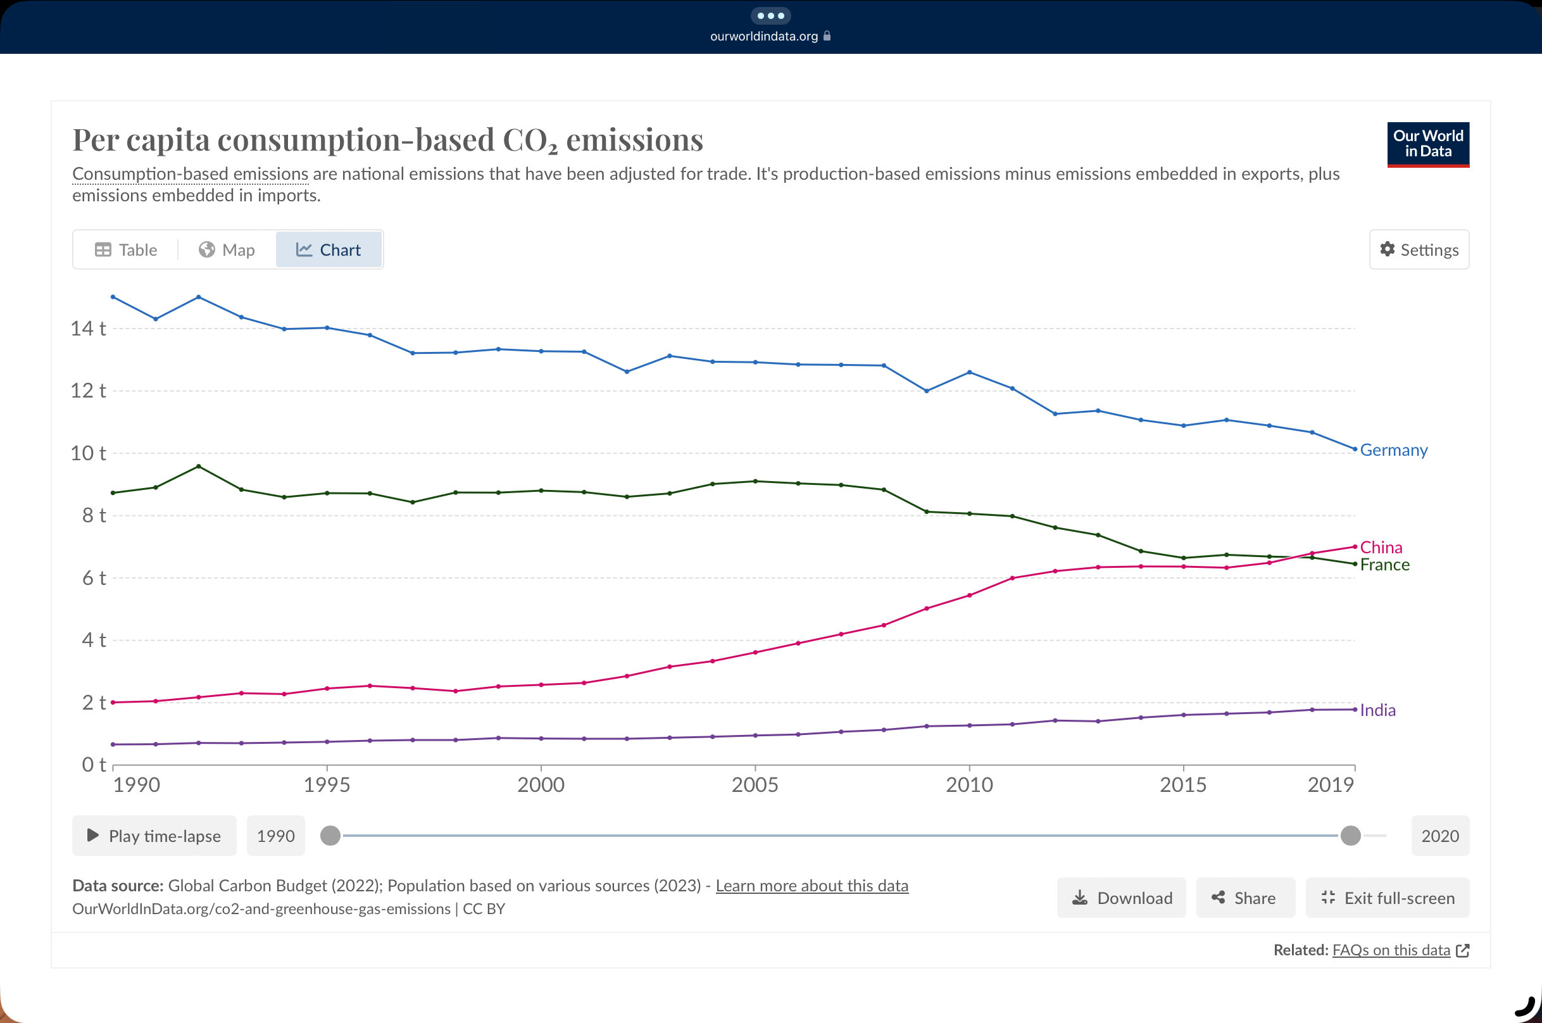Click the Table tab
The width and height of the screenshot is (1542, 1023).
pos(126,250)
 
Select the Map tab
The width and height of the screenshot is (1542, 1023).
pos(227,250)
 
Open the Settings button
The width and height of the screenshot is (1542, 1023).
pos(1419,250)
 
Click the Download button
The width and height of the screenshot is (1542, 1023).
pos(1121,898)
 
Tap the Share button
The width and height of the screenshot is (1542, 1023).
pos(1244,898)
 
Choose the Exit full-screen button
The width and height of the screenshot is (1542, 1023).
pos(1388,898)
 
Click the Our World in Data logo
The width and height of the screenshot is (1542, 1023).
pos(1428,144)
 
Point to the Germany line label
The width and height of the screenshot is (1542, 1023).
pos(1393,450)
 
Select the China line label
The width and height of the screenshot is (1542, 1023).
pos(1381,547)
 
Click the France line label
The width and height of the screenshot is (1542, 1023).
pos(1384,565)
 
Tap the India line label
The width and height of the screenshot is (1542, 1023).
pos(1377,710)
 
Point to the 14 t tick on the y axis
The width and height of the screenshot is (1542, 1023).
pos(88,328)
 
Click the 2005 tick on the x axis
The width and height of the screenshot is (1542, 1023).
pos(755,784)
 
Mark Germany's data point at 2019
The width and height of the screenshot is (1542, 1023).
pos(1355,449)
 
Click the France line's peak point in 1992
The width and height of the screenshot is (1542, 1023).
pos(198,467)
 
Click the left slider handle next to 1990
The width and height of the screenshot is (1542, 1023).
pos(330,835)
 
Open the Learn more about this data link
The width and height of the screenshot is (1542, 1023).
pos(812,886)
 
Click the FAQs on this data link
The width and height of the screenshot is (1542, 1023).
pos(1391,950)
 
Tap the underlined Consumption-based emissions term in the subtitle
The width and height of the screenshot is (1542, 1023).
pos(190,174)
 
